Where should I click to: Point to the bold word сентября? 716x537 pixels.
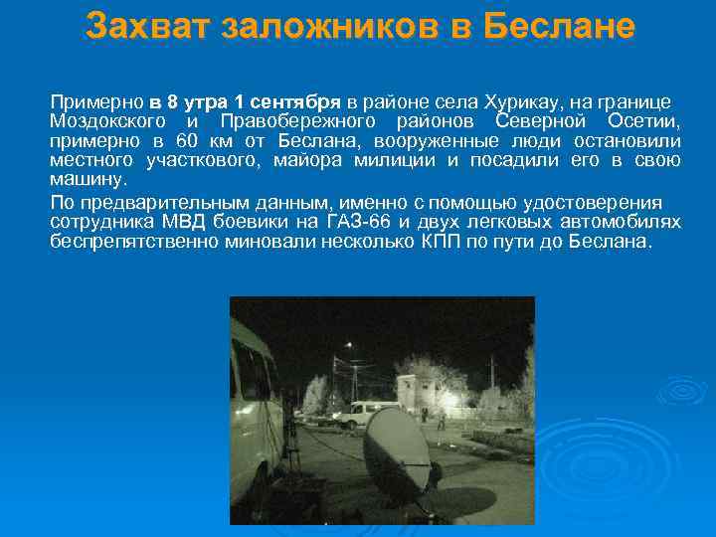[x=293, y=101]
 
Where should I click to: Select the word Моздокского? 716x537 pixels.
[x=104, y=121]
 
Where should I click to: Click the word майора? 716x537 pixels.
[x=312, y=160]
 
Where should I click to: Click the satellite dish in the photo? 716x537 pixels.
[x=396, y=452]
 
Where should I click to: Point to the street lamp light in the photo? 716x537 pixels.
[x=348, y=346]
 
